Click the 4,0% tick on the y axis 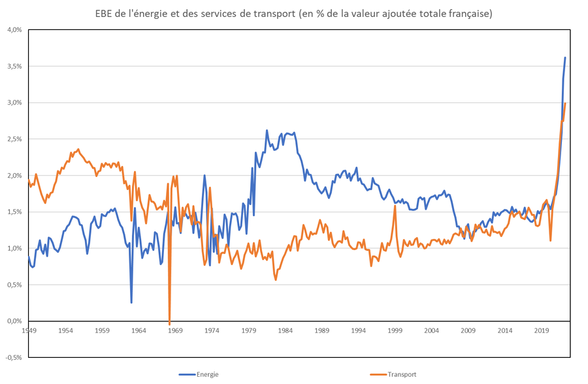[14, 30]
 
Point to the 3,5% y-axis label [14, 67]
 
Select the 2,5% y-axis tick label [14, 139]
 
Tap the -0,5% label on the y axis [14, 357]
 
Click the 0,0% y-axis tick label [14, 321]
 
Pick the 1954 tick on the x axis [65, 330]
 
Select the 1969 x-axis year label [175, 330]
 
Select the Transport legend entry [400, 374]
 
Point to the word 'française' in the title [468, 13]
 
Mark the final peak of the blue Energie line [565, 57]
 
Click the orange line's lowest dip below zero [170, 324]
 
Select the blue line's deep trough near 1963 [131, 302]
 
